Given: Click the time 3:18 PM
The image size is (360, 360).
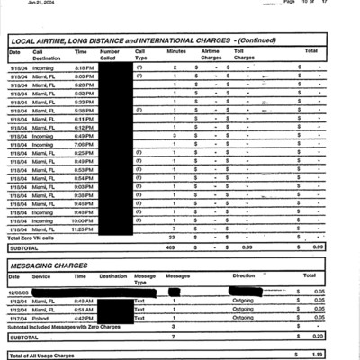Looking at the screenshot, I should point(84,67).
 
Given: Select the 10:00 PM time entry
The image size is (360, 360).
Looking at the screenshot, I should point(84,220).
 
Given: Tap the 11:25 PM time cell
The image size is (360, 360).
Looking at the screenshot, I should point(84,229).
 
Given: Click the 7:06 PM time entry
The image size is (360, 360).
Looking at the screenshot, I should point(84,144).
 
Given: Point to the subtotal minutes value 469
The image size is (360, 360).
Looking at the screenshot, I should point(170,247).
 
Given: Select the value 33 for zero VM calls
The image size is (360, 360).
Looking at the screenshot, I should point(171,238).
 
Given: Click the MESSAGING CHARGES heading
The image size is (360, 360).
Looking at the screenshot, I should point(49,265).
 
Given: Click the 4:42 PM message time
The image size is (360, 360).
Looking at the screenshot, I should point(84,317).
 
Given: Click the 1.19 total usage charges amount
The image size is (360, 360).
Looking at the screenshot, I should point(317,355).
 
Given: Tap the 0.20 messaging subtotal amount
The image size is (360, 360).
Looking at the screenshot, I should point(317,335).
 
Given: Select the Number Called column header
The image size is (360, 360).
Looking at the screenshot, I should point(110,54).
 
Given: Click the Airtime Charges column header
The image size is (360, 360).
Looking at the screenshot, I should point(211,54).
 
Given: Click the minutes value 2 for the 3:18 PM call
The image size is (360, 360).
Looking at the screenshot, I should point(174,67).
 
